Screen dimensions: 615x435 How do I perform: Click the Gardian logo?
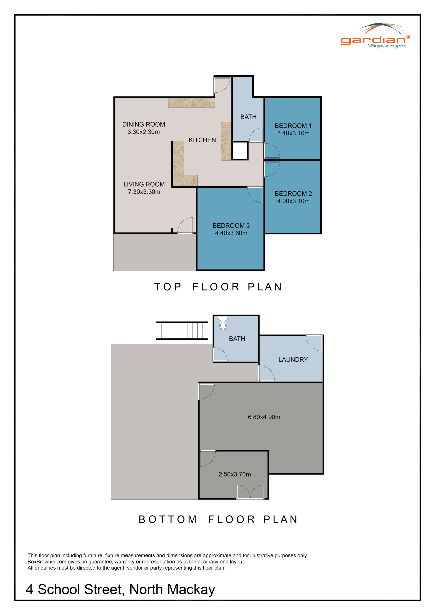point(375,37)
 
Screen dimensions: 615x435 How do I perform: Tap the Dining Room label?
point(144,125)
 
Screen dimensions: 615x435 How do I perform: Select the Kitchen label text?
point(202,140)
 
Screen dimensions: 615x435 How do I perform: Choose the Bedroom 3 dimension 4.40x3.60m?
point(231,233)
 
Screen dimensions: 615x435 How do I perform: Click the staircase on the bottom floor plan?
point(182,331)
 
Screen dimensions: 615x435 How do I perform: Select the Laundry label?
point(293,360)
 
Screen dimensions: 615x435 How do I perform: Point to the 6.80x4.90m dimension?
point(264,417)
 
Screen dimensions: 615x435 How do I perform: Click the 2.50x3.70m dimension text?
point(234,474)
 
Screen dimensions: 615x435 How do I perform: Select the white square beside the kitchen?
point(239,151)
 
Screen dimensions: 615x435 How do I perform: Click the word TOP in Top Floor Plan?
point(168,287)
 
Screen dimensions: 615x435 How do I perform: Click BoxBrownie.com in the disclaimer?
point(47,562)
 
